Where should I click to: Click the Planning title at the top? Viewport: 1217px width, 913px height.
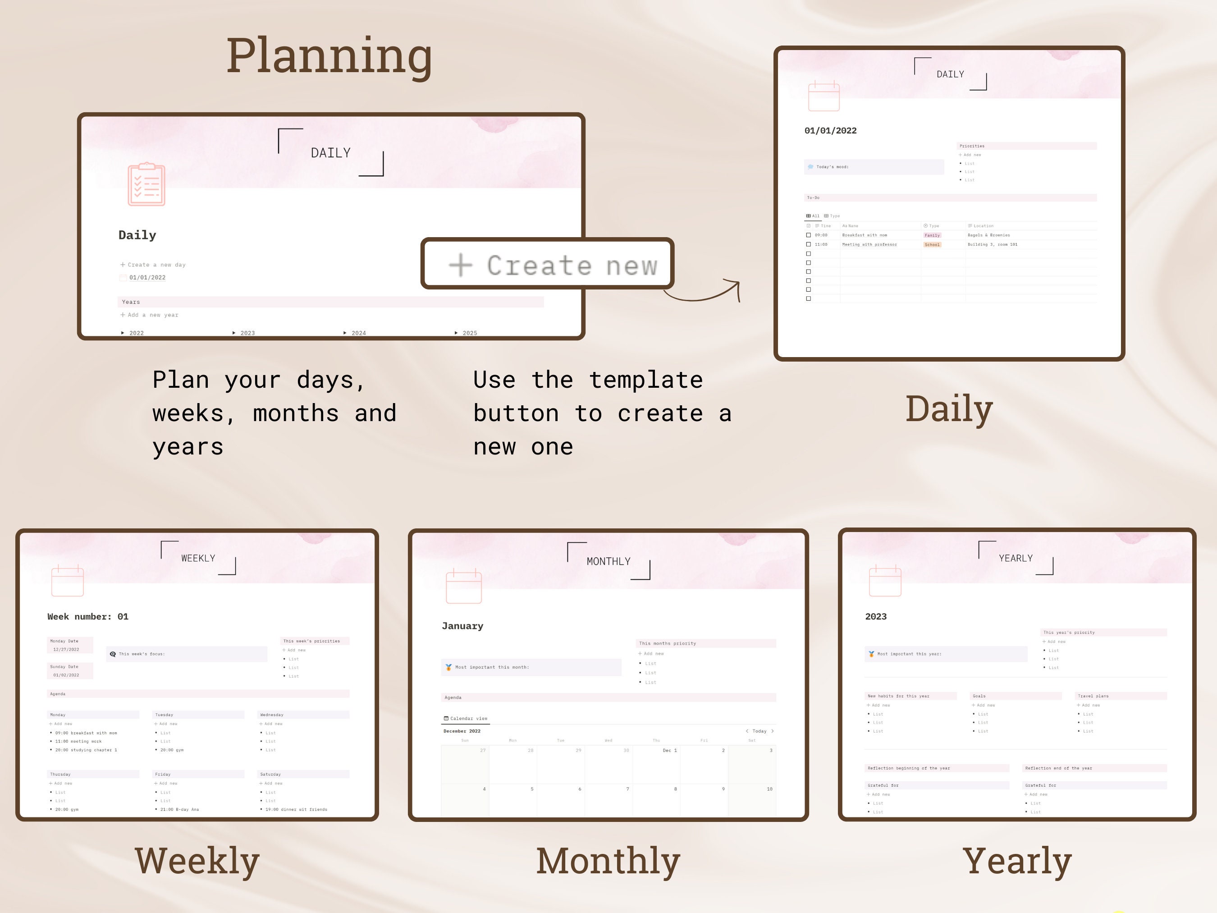coord(329,56)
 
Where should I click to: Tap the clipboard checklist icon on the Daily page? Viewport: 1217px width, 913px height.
coord(146,184)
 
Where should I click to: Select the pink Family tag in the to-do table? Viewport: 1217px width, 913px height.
coord(932,235)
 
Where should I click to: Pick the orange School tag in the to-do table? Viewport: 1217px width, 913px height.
coord(932,244)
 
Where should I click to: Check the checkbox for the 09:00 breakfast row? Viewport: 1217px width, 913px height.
coord(808,235)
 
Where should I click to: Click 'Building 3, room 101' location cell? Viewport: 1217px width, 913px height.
coord(993,244)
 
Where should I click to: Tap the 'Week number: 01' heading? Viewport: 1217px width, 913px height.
coord(88,616)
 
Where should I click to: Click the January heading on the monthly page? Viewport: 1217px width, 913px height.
coord(462,626)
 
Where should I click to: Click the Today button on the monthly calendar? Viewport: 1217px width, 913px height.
coord(759,731)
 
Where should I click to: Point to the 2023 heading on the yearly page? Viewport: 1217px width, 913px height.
coord(876,616)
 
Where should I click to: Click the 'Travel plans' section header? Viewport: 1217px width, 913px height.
coord(1093,696)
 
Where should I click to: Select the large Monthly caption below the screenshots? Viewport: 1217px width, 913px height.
coord(608,861)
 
